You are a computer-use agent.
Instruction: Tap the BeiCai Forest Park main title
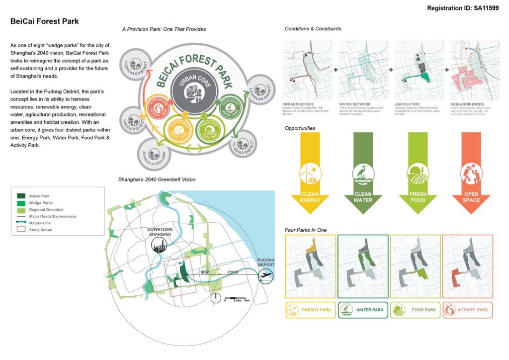tap(45, 21)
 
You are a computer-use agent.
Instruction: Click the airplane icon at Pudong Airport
tap(265, 275)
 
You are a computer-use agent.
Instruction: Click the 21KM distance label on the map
tap(232, 272)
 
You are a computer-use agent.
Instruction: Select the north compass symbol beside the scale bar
tap(216, 298)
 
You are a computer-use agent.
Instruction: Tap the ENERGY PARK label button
tap(310, 310)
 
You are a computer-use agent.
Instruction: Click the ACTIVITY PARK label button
tap(467, 310)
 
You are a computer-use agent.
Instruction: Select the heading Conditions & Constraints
tap(313, 29)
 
